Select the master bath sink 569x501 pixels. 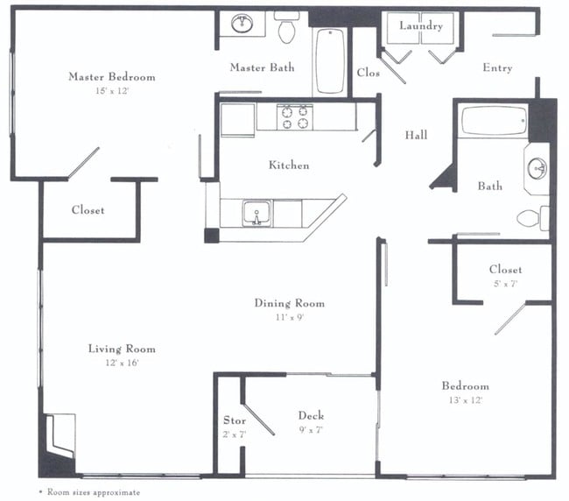[242, 24]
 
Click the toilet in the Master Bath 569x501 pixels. [286, 29]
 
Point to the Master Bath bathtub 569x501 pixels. [330, 60]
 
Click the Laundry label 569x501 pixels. [421, 25]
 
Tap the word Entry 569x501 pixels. [497, 68]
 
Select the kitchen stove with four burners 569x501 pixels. [295, 116]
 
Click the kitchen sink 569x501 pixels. [257, 212]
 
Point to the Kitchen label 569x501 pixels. [288, 165]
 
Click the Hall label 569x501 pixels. [416, 135]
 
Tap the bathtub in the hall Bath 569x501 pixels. [494, 120]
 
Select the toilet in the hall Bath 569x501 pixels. [530, 217]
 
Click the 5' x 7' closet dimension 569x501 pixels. [505, 284]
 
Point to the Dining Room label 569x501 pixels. [289, 303]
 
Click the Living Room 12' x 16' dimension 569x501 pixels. [121, 363]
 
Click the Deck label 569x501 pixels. [312, 415]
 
